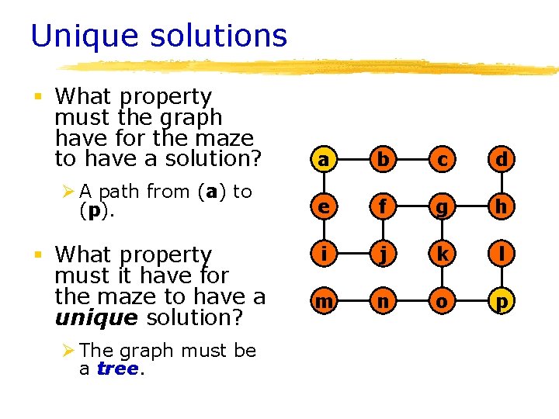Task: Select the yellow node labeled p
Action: point(502,300)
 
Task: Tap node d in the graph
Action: point(502,159)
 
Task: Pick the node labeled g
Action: point(442,206)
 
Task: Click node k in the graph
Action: point(442,254)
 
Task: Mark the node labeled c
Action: point(442,159)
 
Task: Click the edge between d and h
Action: point(502,183)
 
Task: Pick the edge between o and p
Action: point(472,300)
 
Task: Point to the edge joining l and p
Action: point(502,277)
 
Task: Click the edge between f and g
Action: point(411,206)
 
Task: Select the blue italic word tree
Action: point(117,369)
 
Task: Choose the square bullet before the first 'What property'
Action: point(36,97)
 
